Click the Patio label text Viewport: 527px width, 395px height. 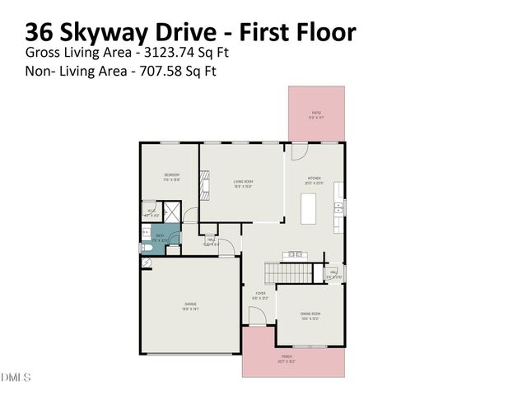316,114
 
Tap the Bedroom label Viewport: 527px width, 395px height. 171,176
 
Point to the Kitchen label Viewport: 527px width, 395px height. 314,180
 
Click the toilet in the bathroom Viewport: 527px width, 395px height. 145,246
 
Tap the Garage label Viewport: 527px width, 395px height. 189,309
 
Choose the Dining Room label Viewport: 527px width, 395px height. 310,316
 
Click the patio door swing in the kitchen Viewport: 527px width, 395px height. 299,152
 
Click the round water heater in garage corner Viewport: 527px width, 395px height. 146,263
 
